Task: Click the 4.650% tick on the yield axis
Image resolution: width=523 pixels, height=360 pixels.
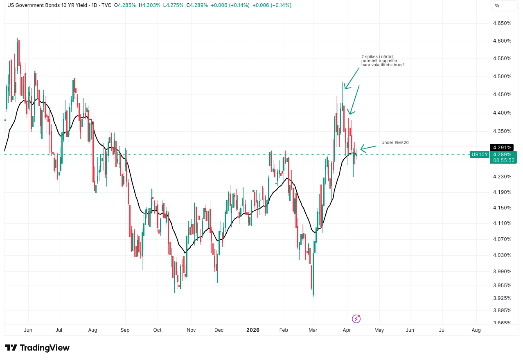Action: [502, 23]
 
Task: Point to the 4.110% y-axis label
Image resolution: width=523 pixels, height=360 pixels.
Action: [502, 223]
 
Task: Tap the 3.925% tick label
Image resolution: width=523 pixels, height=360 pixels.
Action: [502, 297]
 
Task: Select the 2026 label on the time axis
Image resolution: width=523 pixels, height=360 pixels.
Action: [253, 330]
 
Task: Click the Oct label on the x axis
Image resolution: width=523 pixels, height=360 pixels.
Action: [157, 330]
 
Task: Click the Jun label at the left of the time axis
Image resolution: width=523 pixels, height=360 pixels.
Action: [28, 330]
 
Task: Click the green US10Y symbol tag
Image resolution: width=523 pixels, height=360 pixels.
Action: [480, 154]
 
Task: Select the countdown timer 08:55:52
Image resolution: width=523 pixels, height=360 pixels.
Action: [504, 160]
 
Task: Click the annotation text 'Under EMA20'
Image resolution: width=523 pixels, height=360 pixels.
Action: [395, 142]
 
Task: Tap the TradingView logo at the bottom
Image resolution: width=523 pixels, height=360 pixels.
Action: [37, 348]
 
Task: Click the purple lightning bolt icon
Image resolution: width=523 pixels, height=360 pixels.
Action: [356, 319]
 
